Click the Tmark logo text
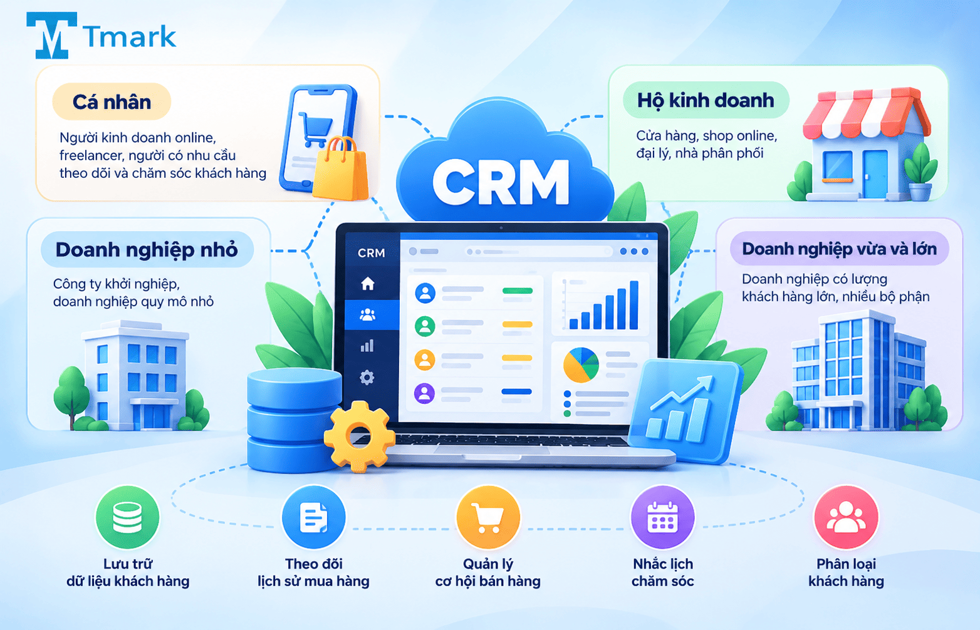point(130,36)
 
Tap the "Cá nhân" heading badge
point(112,101)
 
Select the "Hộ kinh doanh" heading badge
point(706,100)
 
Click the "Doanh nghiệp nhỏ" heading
point(147,250)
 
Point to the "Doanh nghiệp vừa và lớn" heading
point(839,249)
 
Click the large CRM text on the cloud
point(501,182)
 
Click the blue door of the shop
point(875,173)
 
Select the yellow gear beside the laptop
point(360,437)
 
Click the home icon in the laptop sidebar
point(367,283)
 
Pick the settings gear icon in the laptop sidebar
point(367,377)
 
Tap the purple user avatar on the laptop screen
point(424,393)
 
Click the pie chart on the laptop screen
point(581,364)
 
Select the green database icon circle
point(127,517)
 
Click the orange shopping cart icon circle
point(488,517)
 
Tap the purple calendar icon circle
point(662,517)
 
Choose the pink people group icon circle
point(846,517)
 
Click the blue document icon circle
point(314,517)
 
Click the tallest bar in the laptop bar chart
point(633,305)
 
